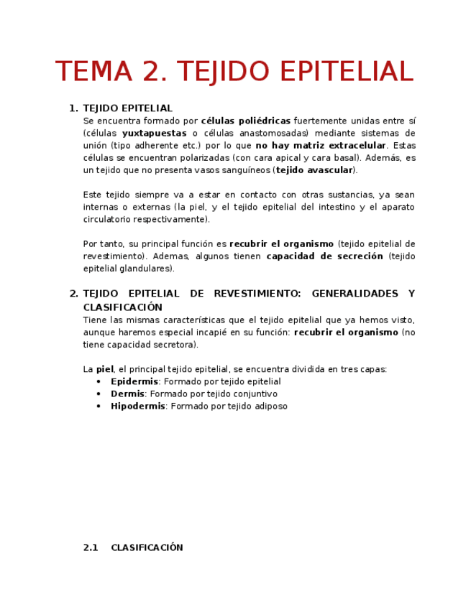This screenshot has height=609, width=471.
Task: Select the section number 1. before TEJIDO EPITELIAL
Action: (73, 108)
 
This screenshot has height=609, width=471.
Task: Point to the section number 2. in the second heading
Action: (73, 294)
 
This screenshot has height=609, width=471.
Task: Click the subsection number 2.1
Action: (91, 547)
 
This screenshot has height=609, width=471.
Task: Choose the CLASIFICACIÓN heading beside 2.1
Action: (147, 547)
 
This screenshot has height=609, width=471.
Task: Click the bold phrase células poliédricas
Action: (245, 121)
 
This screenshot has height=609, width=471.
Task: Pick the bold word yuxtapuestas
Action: (154, 133)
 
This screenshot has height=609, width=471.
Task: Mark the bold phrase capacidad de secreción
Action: (324, 256)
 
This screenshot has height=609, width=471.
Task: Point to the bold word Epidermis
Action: (134, 381)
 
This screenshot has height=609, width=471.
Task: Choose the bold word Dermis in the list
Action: (127, 394)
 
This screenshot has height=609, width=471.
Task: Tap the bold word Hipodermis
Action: (137, 406)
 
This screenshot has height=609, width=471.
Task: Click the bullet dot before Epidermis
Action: (99, 381)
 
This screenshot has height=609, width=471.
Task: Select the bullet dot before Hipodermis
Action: (99, 406)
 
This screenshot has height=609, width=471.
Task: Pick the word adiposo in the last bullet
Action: (270, 406)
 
